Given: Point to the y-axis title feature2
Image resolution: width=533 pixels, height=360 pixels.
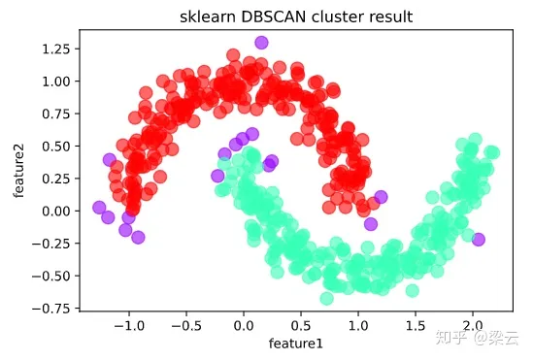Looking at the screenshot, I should coord(18,171).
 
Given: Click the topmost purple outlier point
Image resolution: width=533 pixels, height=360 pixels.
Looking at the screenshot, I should coord(261,43).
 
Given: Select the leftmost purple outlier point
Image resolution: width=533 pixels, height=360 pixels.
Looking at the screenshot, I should coord(99,207).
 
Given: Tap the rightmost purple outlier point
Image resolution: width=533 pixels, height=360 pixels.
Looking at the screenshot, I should coord(478,239).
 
